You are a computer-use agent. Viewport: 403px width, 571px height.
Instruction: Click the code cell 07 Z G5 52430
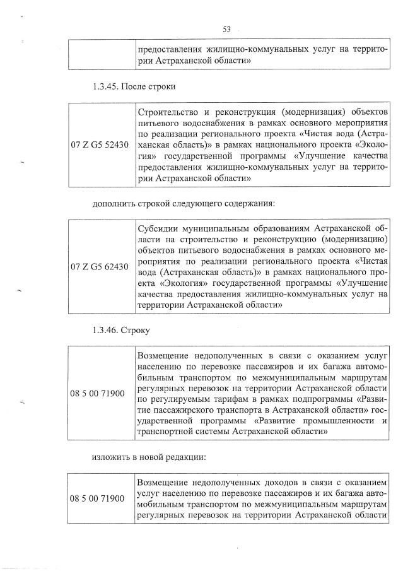tap(99, 145)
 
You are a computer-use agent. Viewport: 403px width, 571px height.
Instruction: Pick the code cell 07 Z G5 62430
tap(99, 267)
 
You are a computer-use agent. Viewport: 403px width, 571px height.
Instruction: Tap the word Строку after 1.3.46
tap(134, 330)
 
